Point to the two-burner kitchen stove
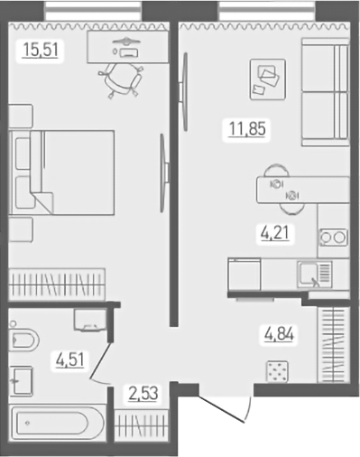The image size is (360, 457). [332, 238]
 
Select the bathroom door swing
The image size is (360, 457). [101, 366]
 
